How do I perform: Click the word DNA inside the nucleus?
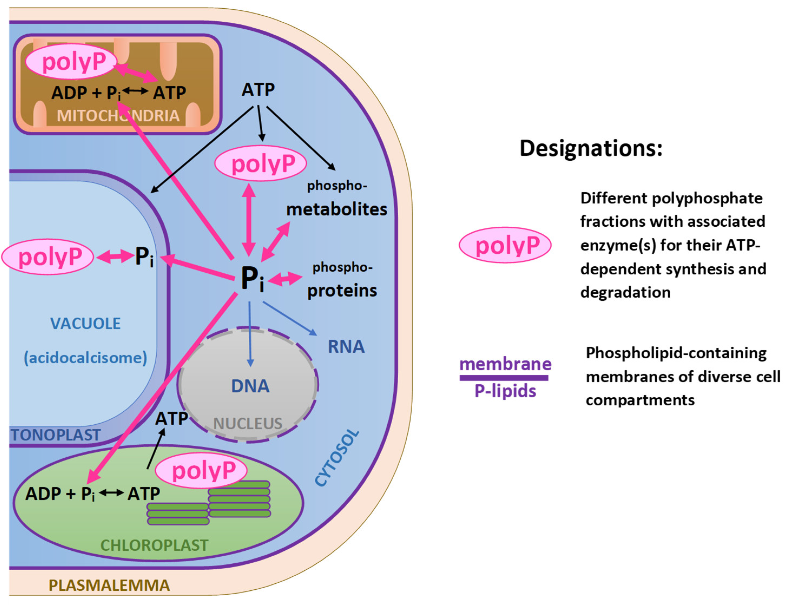click(x=250, y=386)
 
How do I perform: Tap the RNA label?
click(x=346, y=347)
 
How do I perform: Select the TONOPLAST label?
click(x=56, y=435)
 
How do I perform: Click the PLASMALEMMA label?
click(x=109, y=585)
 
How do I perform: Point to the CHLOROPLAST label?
click(x=154, y=545)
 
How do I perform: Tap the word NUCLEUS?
click(x=248, y=424)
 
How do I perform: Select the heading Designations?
click(x=591, y=148)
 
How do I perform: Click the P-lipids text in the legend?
click(x=505, y=391)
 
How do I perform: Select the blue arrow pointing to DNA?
click(x=250, y=335)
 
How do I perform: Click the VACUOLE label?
click(x=85, y=323)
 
